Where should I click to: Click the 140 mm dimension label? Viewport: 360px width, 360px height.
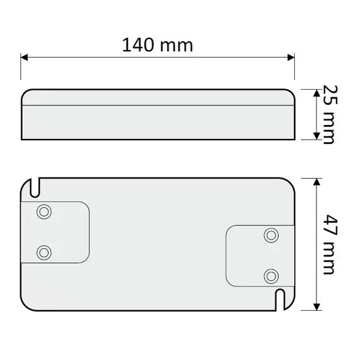click(x=158, y=45)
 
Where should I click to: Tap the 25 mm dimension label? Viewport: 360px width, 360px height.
click(x=327, y=114)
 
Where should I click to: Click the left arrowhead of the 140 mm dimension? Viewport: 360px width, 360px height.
click(x=25, y=57)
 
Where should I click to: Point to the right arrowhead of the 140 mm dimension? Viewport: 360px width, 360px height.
click(x=291, y=57)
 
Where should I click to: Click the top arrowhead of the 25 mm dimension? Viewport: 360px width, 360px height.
click(x=315, y=92)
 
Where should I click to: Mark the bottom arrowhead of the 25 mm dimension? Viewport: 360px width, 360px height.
click(x=315, y=136)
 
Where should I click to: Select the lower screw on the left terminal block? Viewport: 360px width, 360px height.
click(x=44, y=252)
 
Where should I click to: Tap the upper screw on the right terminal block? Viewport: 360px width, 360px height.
click(x=272, y=235)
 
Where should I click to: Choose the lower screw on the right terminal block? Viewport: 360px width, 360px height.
click(x=272, y=275)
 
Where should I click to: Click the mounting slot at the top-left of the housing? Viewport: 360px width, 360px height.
click(x=36, y=187)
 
